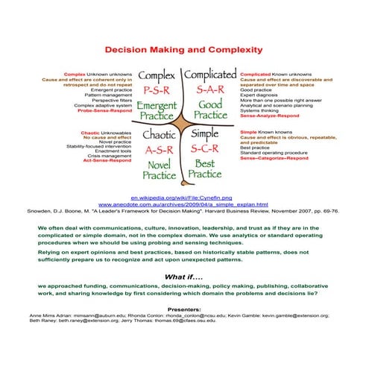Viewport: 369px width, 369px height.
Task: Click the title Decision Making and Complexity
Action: pos(183,50)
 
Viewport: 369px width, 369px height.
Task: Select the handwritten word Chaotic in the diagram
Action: pos(159,135)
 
